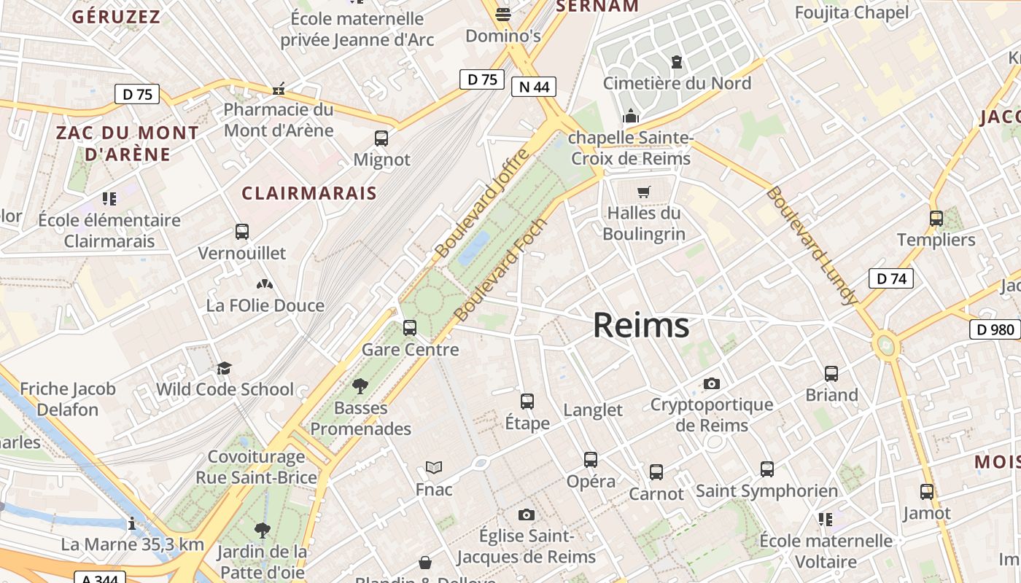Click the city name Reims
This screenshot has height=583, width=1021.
coord(640,325)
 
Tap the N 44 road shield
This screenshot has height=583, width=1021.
coord(533,87)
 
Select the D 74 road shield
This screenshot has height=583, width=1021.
coord(890,278)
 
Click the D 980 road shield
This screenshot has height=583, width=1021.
coord(995,329)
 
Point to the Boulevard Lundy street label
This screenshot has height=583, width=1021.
coord(811,246)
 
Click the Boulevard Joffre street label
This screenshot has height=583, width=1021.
coord(481,203)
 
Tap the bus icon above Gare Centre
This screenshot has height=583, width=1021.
coord(410,328)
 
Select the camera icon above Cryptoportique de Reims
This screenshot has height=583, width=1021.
coord(712,383)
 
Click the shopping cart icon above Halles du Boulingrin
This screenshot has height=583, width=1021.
coord(643,192)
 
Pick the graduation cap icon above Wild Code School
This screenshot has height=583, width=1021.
coord(224,368)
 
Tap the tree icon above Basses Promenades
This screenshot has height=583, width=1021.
coord(360,386)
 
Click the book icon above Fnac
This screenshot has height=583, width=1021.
coord(434,468)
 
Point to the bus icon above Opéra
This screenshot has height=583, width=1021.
coord(591,460)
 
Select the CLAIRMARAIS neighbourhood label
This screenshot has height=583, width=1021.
coord(309,193)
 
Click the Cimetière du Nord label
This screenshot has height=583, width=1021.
coord(677,83)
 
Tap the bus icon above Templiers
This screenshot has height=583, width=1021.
coord(936,218)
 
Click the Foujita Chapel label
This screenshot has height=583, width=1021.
coord(852,12)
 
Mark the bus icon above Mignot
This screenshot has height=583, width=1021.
coord(381,138)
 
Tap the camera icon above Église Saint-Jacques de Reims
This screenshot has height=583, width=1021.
coord(527,515)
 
